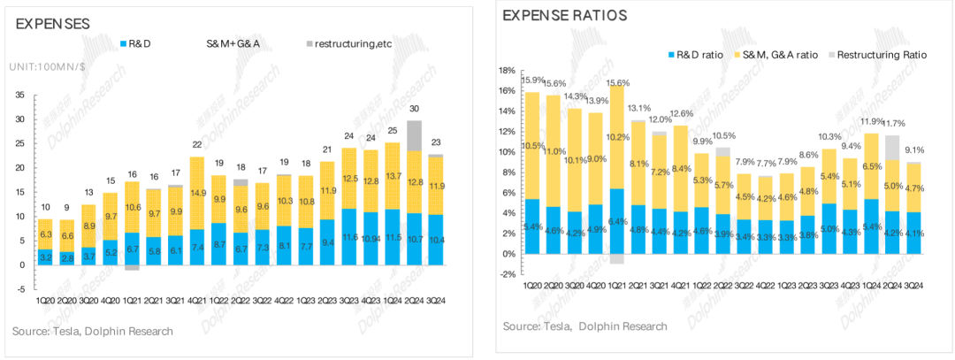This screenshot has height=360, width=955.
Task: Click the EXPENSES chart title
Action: tap(53, 24)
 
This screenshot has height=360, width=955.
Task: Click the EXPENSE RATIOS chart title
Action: tap(566, 15)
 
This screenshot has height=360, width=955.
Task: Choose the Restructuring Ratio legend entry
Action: tap(879, 55)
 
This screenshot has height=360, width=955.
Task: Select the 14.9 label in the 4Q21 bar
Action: tap(198, 193)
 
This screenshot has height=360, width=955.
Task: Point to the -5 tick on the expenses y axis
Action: tap(21, 288)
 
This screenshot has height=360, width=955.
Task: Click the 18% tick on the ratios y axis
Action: tap(508, 71)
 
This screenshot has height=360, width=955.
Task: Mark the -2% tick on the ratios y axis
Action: tap(508, 274)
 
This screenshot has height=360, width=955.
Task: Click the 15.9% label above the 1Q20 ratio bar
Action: tap(533, 80)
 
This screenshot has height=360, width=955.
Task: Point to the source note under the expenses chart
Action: tap(93, 331)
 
